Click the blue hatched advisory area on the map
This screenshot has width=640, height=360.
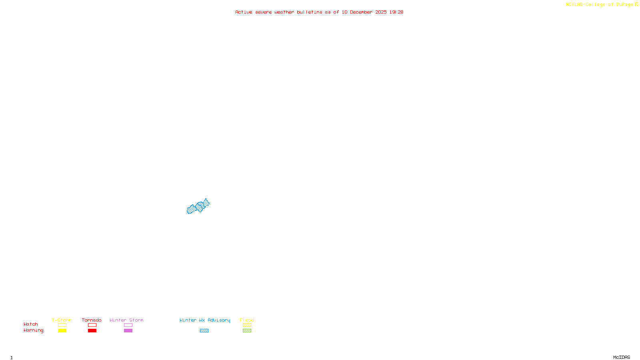(x=198, y=207)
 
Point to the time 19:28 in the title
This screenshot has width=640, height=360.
(x=396, y=12)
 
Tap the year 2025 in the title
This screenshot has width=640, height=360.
(x=381, y=12)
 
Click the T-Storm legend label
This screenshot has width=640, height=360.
(x=62, y=320)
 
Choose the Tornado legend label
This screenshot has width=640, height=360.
(x=92, y=320)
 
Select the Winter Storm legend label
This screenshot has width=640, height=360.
(x=126, y=320)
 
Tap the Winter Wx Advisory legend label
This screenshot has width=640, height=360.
(x=205, y=320)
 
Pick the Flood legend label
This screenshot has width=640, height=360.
(x=247, y=320)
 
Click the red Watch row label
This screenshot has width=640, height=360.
(x=31, y=324)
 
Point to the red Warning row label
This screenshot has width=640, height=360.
(x=33, y=330)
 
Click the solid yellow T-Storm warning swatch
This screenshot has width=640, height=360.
(x=62, y=330)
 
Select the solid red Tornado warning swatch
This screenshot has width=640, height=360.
(x=92, y=330)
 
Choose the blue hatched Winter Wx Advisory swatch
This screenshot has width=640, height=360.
(x=204, y=330)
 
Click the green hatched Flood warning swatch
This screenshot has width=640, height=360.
(x=247, y=330)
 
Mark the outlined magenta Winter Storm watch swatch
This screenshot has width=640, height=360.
(x=128, y=325)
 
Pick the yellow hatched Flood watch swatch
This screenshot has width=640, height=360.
(x=247, y=325)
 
